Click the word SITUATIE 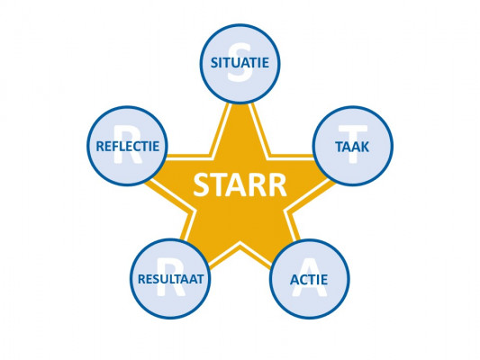(240, 63)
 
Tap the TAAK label (352, 147)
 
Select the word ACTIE (309, 280)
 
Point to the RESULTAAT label (170, 279)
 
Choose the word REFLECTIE (128, 146)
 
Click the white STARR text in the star (240, 185)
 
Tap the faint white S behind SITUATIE (240, 63)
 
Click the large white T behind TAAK (353, 144)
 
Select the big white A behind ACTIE (309, 277)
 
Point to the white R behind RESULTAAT (171, 277)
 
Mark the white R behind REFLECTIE (127, 144)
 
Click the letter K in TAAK (365, 147)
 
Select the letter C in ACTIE (305, 280)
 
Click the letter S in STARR (203, 185)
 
